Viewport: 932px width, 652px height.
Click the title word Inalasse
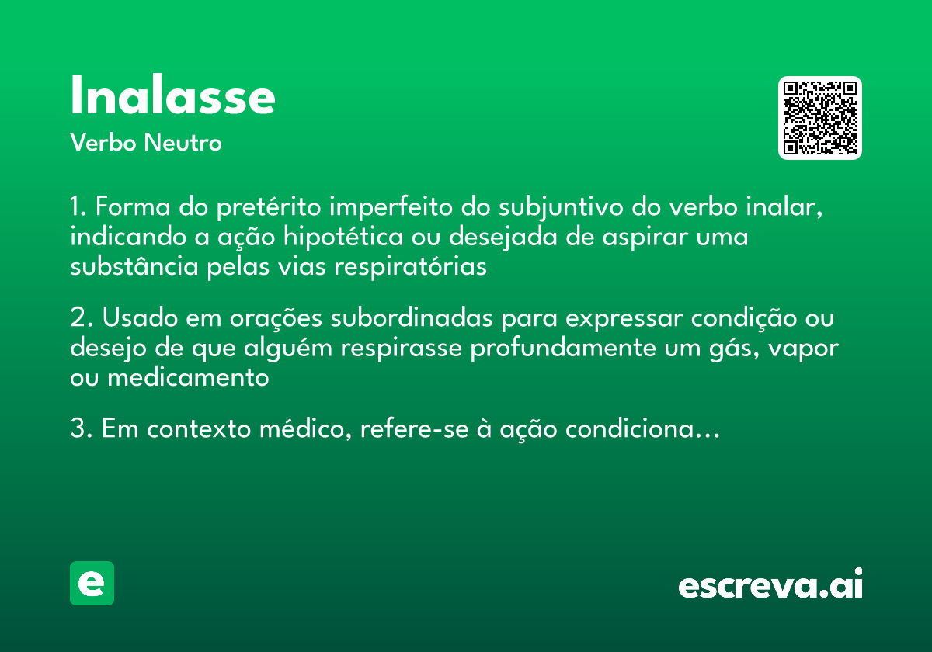(172, 97)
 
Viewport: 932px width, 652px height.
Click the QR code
(820, 118)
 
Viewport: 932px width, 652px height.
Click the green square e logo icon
(92, 583)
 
